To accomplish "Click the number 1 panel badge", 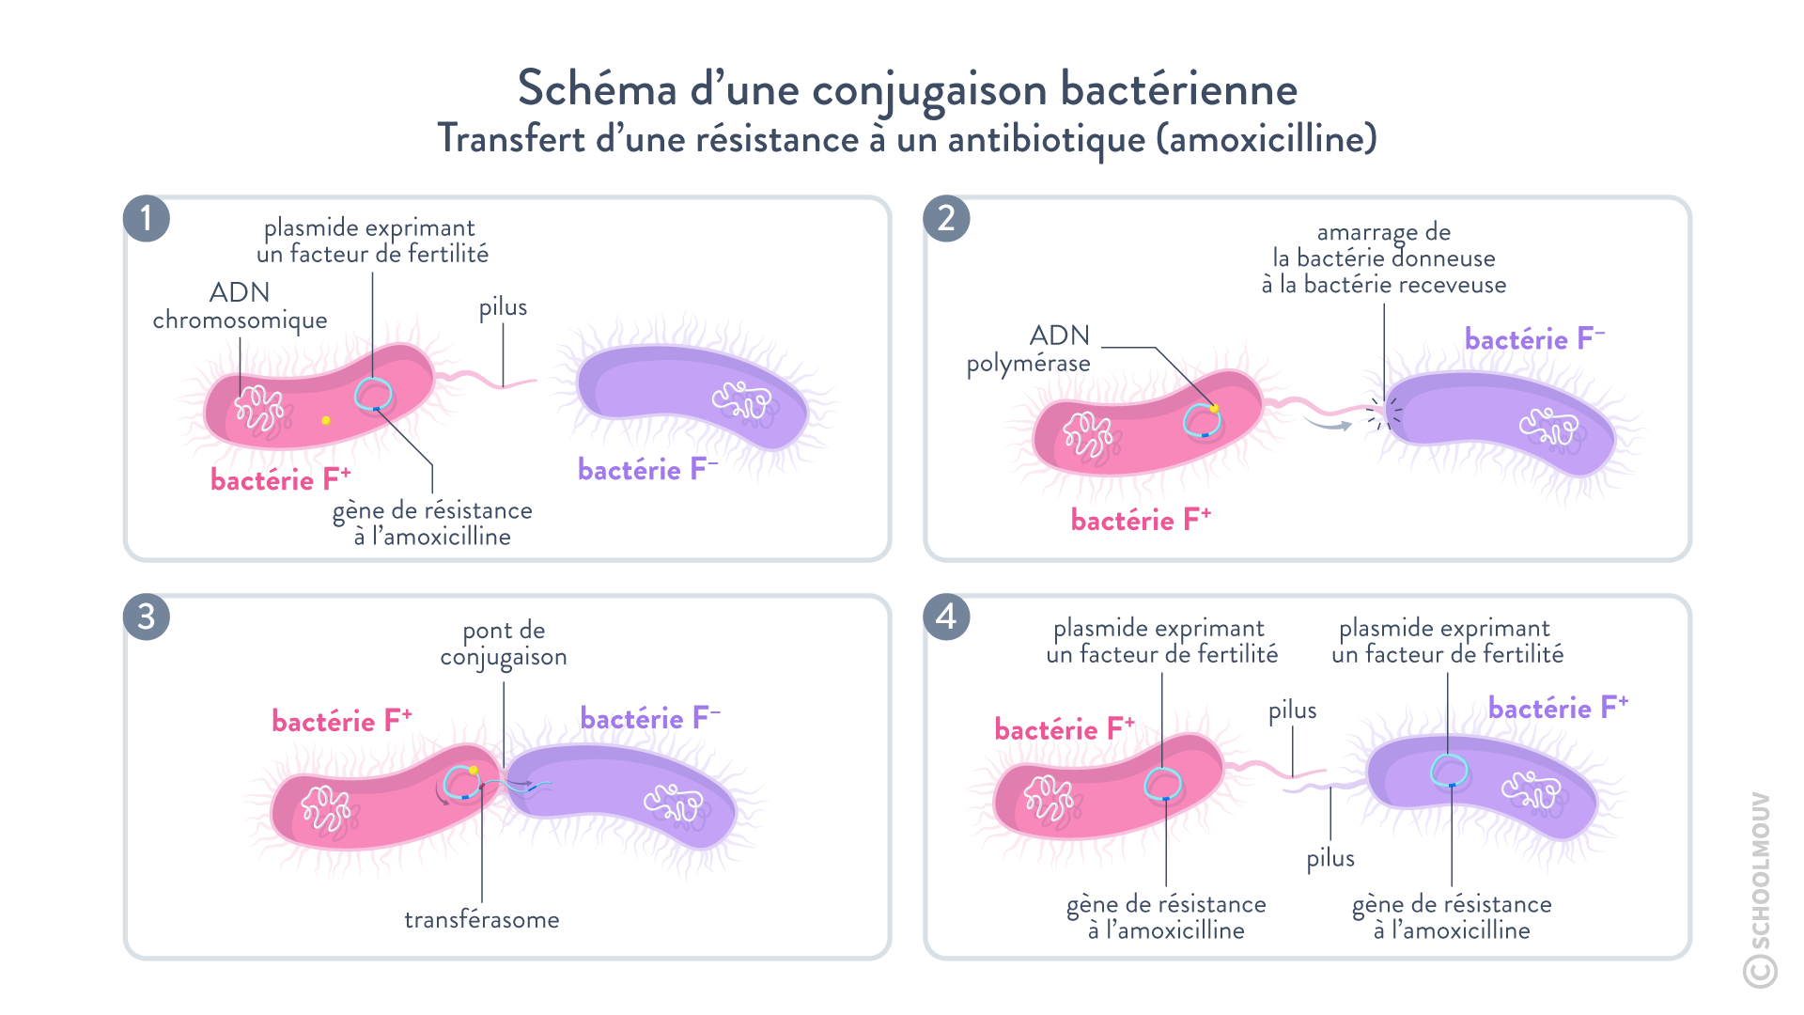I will [x=146, y=219].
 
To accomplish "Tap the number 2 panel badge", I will [x=946, y=219].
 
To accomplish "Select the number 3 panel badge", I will [x=146, y=617].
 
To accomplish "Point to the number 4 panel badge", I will [x=946, y=617].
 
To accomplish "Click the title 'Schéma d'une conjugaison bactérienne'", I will [x=907, y=89].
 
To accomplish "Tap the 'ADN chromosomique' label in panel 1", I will [x=240, y=305].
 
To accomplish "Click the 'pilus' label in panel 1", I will [x=503, y=307].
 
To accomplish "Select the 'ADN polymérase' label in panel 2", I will [x=1030, y=349].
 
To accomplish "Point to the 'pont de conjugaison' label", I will [x=504, y=644].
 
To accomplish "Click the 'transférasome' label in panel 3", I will [x=482, y=919].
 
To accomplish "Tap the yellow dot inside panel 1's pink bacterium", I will [x=326, y=420].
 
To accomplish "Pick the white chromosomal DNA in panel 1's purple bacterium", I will [x=742, y=401].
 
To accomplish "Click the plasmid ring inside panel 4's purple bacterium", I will [x=1448, y=770].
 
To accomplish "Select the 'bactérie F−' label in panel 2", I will [x=1534, y=339].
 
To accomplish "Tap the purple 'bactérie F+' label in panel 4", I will [x=1558, y=708].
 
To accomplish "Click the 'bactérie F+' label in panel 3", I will [x=341, y=721].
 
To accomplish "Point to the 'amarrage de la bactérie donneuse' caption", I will [x=1383, y=258].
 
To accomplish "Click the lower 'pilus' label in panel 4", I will [x=1330, y=858].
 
